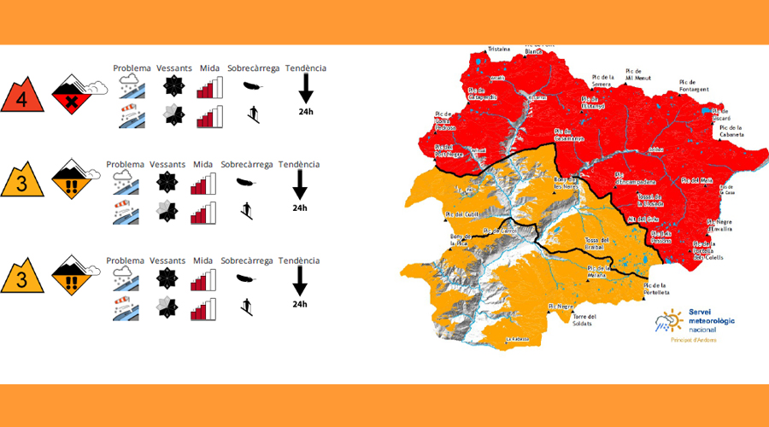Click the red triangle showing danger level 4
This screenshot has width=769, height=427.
[22, 98]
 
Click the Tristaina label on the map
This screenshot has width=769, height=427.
[498, 49]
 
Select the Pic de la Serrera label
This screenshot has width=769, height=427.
[602, 82]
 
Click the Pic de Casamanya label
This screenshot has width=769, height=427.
[568, 135]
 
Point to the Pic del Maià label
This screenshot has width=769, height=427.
[697, 180]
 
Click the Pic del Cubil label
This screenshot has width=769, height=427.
[460, 213]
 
